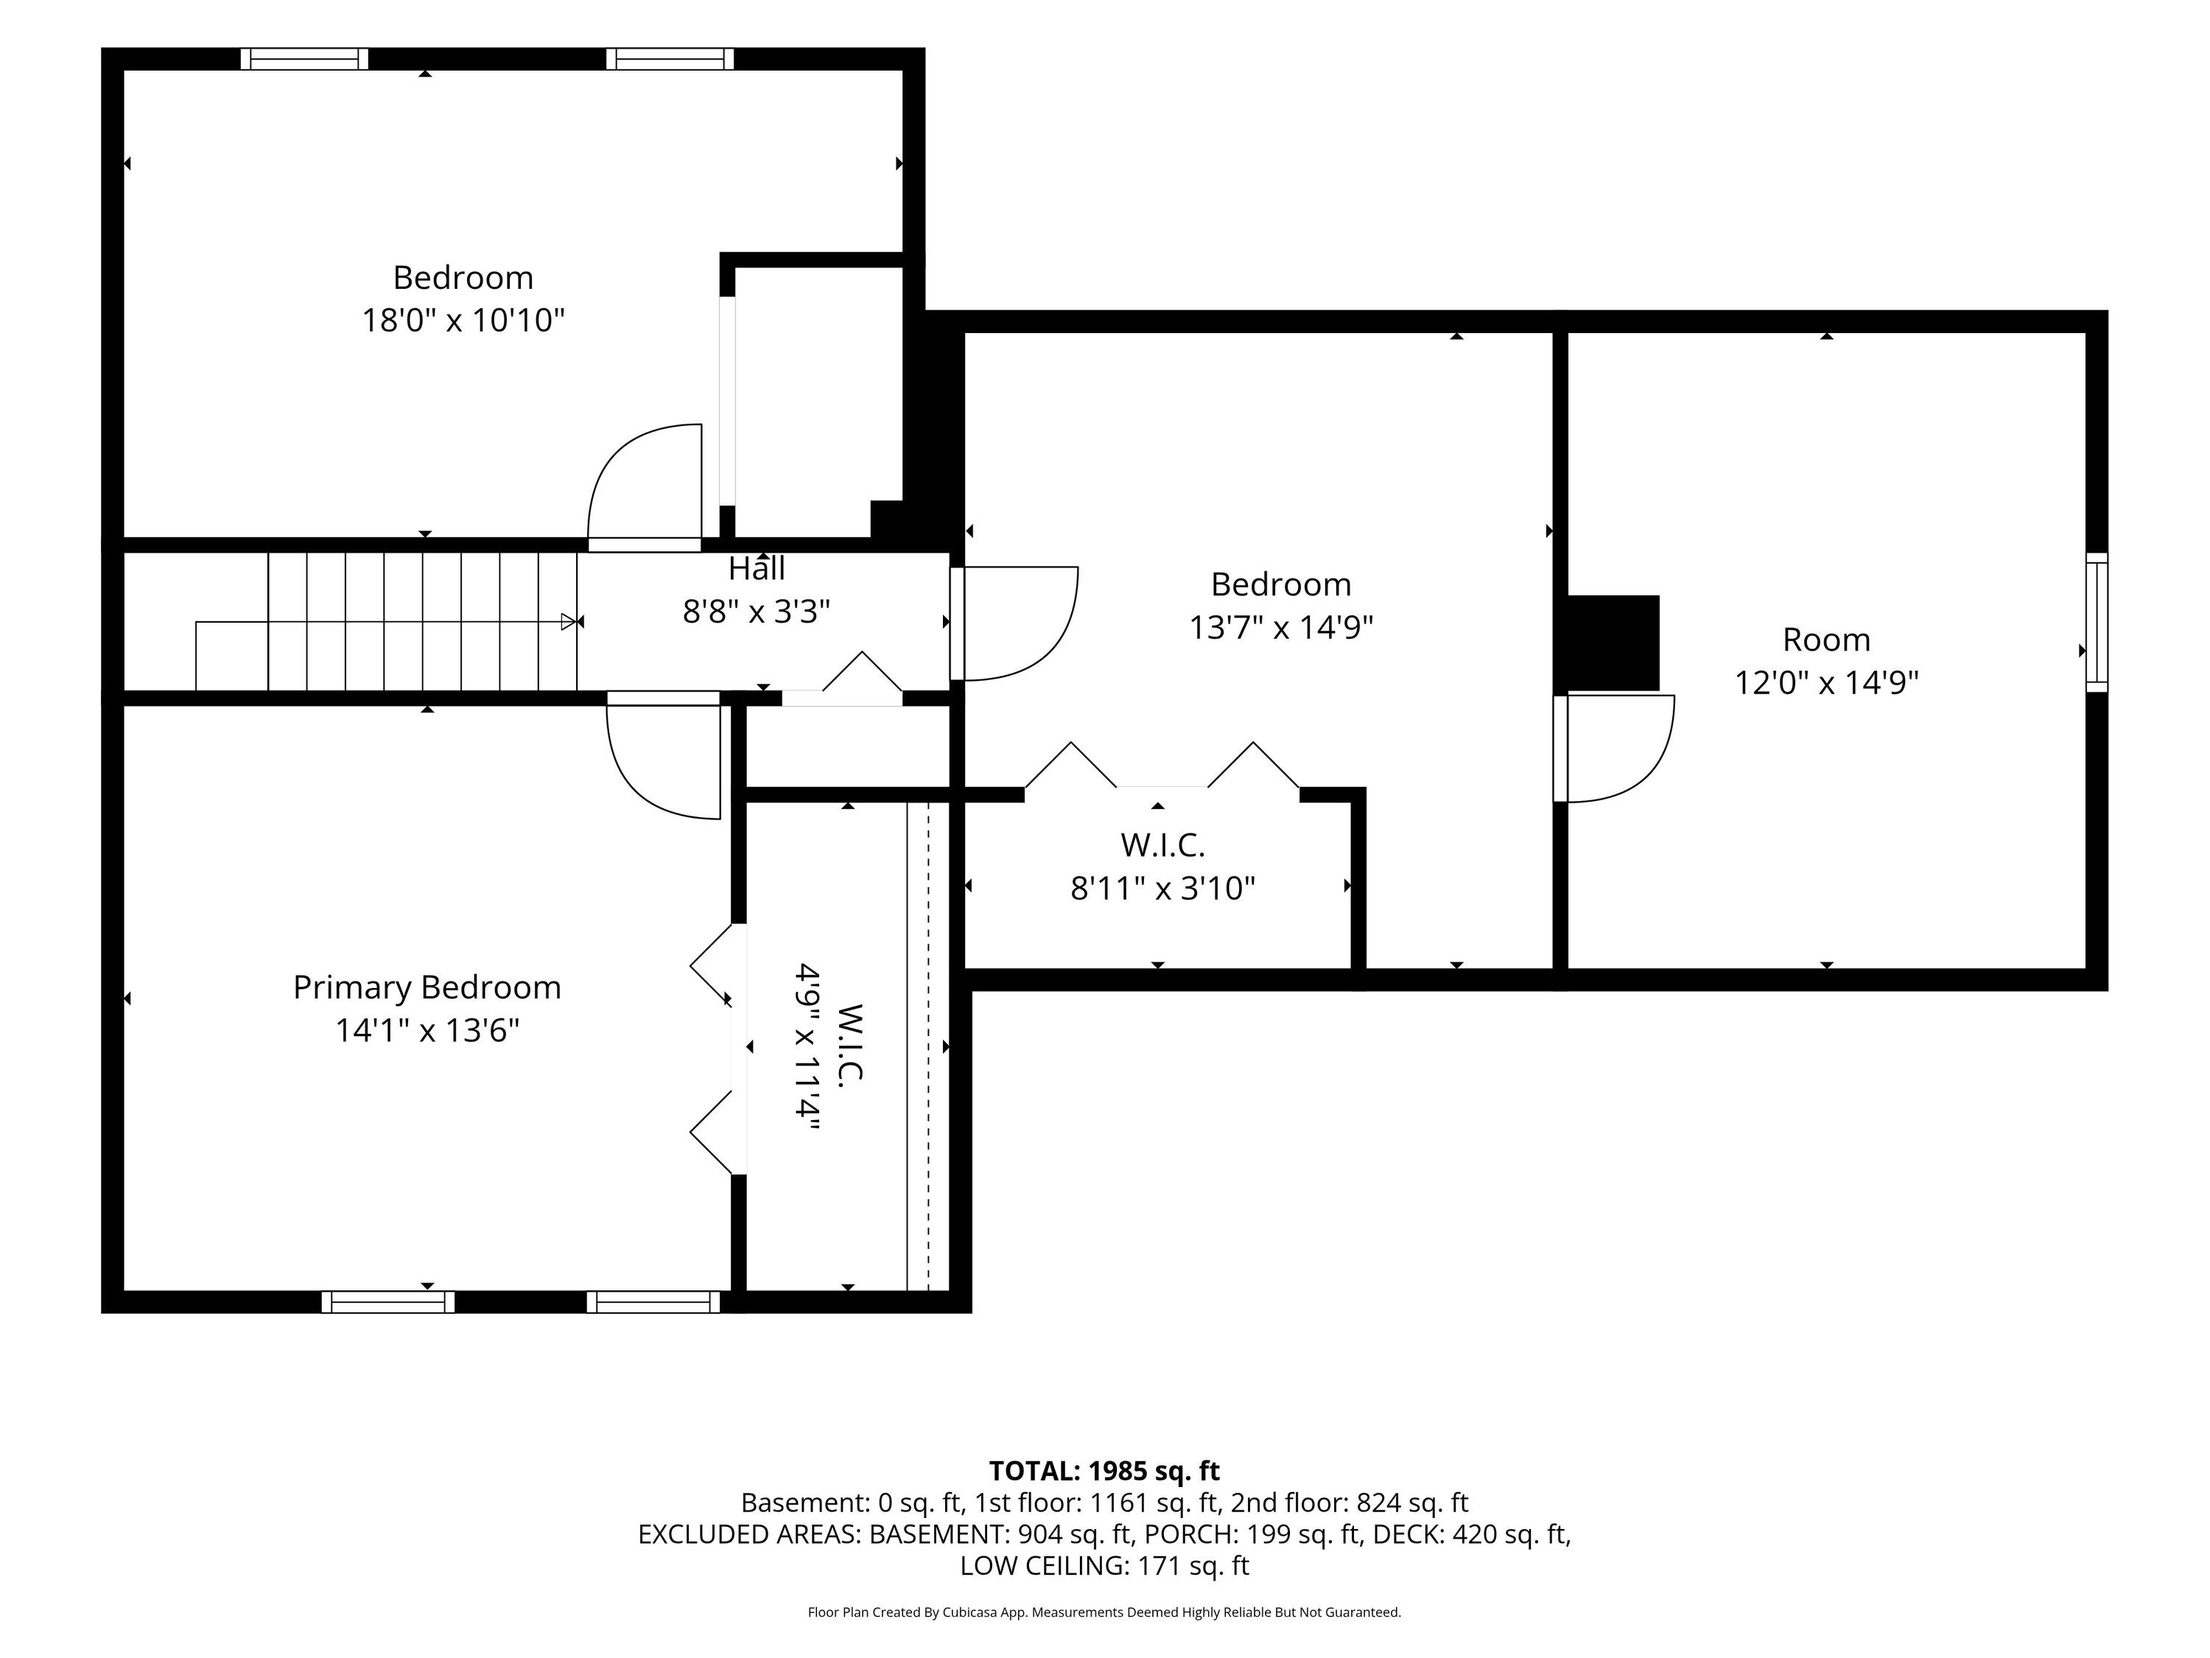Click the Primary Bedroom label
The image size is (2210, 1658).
click(427, 987)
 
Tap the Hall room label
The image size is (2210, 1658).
click(757, 569)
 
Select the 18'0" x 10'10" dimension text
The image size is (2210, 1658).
click(463, 321)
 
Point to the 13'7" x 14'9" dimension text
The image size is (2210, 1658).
click(1281, 628)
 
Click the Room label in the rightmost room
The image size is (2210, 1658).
click(1826, 640)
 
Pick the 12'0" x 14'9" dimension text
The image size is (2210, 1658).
click(1826, 682)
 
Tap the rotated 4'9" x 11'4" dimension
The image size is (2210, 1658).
click(807, 1046)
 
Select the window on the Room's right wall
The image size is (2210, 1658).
click(2096, 622)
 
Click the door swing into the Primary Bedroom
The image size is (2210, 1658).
click(664, 760)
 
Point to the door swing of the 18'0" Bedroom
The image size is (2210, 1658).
click(645, 483)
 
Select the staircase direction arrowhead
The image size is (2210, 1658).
click(569, 622)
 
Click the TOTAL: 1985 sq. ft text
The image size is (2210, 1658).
click(1104, 1471)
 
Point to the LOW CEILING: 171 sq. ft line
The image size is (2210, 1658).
click(1104, 1566)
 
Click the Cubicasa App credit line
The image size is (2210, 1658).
click(1104, 1612)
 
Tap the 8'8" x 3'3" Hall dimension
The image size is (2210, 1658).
click(757, 612)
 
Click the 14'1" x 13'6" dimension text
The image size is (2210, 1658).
click(427, 1030)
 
